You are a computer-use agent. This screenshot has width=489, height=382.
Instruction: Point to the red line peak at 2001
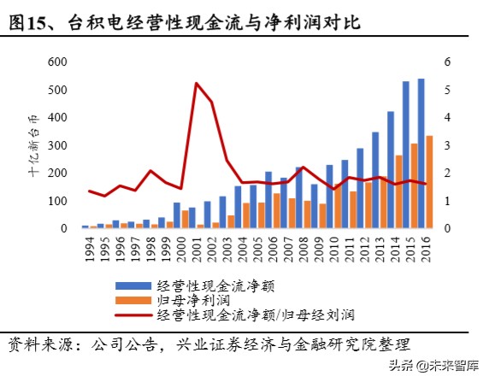point(197,84)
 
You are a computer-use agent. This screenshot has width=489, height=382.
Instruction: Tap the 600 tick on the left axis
point(57,62)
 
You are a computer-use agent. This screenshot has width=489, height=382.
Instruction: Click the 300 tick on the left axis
point(57,146)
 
